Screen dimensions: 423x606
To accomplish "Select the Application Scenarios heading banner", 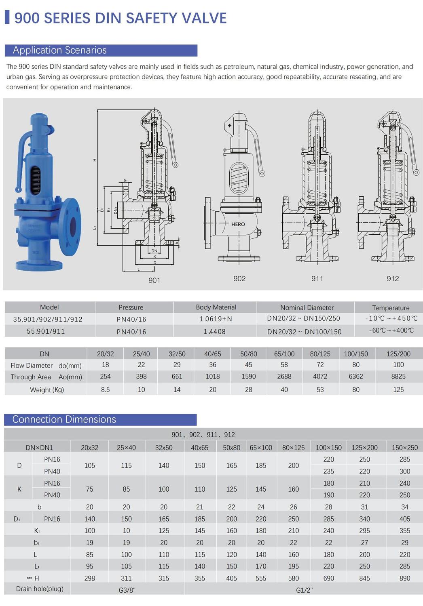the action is pyautogui.click(x=101, y=50).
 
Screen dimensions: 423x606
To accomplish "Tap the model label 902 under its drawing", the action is pyautogui.click(x=239, y=278).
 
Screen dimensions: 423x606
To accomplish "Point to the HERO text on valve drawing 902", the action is pyautogui.click(x=238, y=224).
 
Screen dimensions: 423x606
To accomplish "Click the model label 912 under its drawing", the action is pyautogui.click(x=393, y=278).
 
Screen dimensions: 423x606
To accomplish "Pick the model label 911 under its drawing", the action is pyautogui.click(x=317, y=278).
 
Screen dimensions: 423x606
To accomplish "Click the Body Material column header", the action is pyautogui.click(x=216, y=307).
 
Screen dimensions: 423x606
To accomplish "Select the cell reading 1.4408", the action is pyautogui.click(x=214, y=331).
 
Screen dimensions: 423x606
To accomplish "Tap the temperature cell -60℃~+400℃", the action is pyautogui.click(x=391, y=330).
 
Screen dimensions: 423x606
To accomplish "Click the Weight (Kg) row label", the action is pyautogui.click(x=47, y=390).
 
